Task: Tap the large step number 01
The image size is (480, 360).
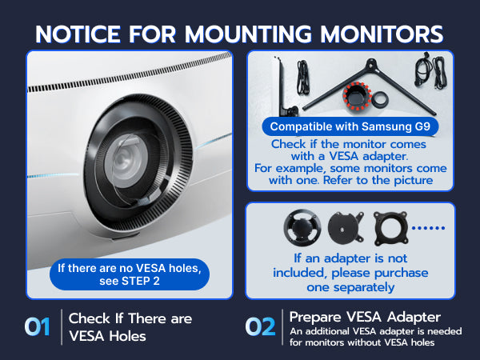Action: (x=37, y=326)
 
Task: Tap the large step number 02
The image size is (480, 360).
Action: (x=260, y=326)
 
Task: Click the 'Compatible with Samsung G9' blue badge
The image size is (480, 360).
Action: (x=350, y=126)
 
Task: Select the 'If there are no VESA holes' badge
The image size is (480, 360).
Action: (x=130, y=274)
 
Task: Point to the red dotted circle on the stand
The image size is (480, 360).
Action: (x=357, y=95)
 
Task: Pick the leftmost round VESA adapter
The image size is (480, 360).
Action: (x=302, y=227)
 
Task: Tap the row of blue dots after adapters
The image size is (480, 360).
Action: (x=428, y=228)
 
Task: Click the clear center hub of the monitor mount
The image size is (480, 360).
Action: (x=126, y=160)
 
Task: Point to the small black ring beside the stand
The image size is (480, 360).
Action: (x=381, y=99)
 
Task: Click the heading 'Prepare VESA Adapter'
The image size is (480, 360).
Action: (x=365, y=317)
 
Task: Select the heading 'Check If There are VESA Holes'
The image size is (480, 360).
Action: (x=130, y=327)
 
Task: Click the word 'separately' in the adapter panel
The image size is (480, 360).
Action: (x=364, y=287)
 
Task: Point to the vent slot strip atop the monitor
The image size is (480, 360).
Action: (x=130, y=72)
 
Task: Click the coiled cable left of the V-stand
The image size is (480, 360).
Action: (x=303, y=78)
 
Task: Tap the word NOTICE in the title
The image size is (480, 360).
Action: (x=78, y=34)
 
